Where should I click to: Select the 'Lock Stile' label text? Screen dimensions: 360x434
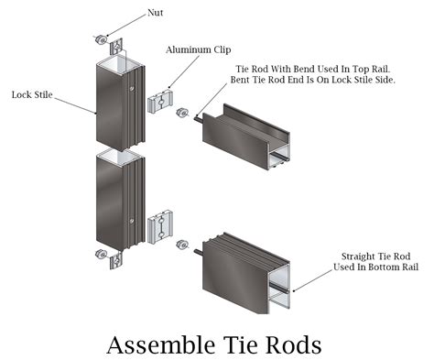(x=33, y=93)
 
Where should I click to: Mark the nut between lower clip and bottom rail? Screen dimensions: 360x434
(x=180, y=245)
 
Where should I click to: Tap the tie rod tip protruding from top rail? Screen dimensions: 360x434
(x=197, y=115)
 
